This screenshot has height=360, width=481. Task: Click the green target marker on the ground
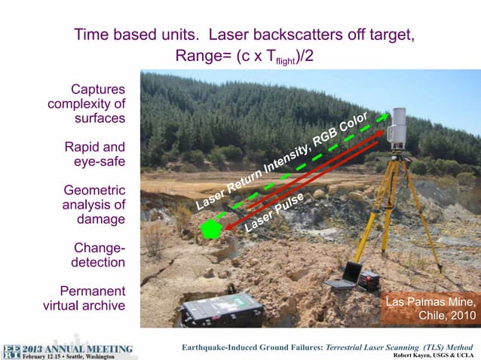tap(213, 229)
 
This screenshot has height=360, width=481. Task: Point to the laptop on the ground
tap(345, 275)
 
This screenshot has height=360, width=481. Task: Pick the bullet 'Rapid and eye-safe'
tap(94, 153)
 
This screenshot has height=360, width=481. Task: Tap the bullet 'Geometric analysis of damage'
tap(93, 204)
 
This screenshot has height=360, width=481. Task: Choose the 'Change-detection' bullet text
tap(98, 255)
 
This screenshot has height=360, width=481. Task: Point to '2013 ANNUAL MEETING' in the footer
tap(78, 349)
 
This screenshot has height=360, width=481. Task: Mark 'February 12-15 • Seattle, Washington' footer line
tap(70, 356)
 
